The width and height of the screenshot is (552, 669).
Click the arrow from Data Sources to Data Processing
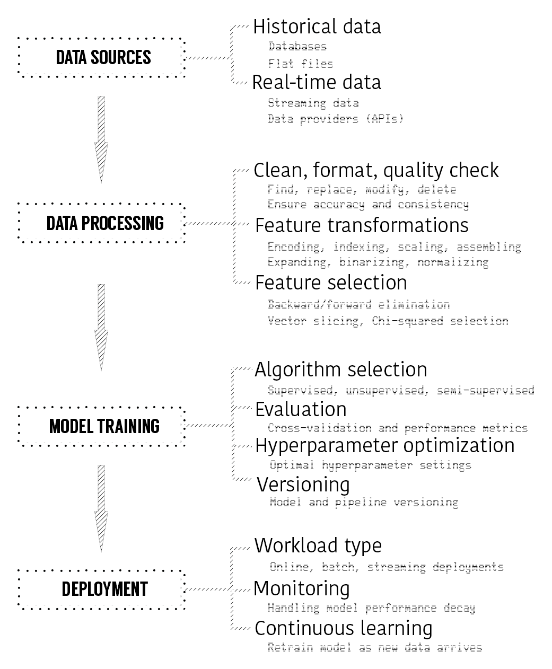[x=101, y=140]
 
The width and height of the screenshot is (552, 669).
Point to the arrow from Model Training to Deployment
[x=101, y=508]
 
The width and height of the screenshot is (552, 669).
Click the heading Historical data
[x=317, y=27]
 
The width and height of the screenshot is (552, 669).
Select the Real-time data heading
[x=317, y=82]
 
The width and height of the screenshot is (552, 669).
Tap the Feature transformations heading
[x=362, y=225]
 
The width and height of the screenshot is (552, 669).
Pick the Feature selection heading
[x=331, y=283]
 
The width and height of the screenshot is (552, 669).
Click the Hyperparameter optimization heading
[x=384, y=446]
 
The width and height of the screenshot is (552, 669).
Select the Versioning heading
[x=303, y=485]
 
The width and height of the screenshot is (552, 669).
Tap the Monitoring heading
[x=302, y=589]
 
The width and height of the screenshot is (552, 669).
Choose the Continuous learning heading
[x=344, y=628]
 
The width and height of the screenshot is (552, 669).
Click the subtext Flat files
[x=301, y=64]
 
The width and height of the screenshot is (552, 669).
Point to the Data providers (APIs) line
[x=336, y=119]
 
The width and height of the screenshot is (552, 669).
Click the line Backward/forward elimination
[x=358, y=304]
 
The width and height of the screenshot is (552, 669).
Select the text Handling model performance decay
[x=371, y=608]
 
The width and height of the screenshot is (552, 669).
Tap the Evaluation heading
[x=301, y=409]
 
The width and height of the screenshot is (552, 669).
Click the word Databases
[x=297, y=47]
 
